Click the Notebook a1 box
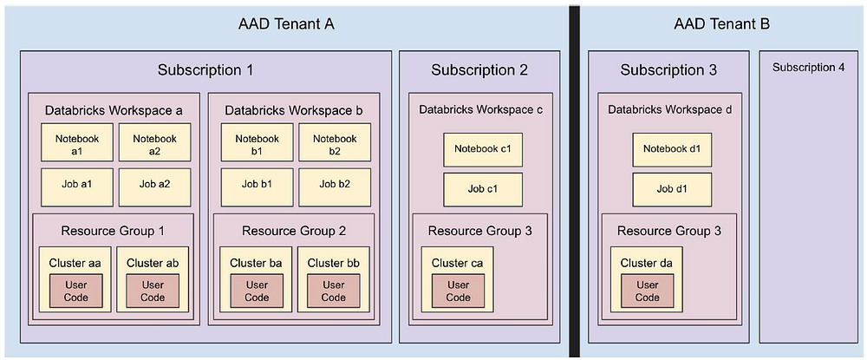[77, 143]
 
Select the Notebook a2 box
[154, 143]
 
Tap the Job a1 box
[77, 185]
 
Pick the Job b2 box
[335, 185]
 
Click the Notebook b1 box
[257, 143]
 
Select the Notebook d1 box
[672, 149]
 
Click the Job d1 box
[672, 188]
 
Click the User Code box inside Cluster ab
[153, 291]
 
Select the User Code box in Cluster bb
[334, 291]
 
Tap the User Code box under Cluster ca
[459, 291]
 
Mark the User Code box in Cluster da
[648, 291]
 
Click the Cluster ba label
[256, 262]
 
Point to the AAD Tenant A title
[286, 24]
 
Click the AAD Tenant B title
[721, 24]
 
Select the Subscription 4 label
[808, 68]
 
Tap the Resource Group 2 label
[294, 231]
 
